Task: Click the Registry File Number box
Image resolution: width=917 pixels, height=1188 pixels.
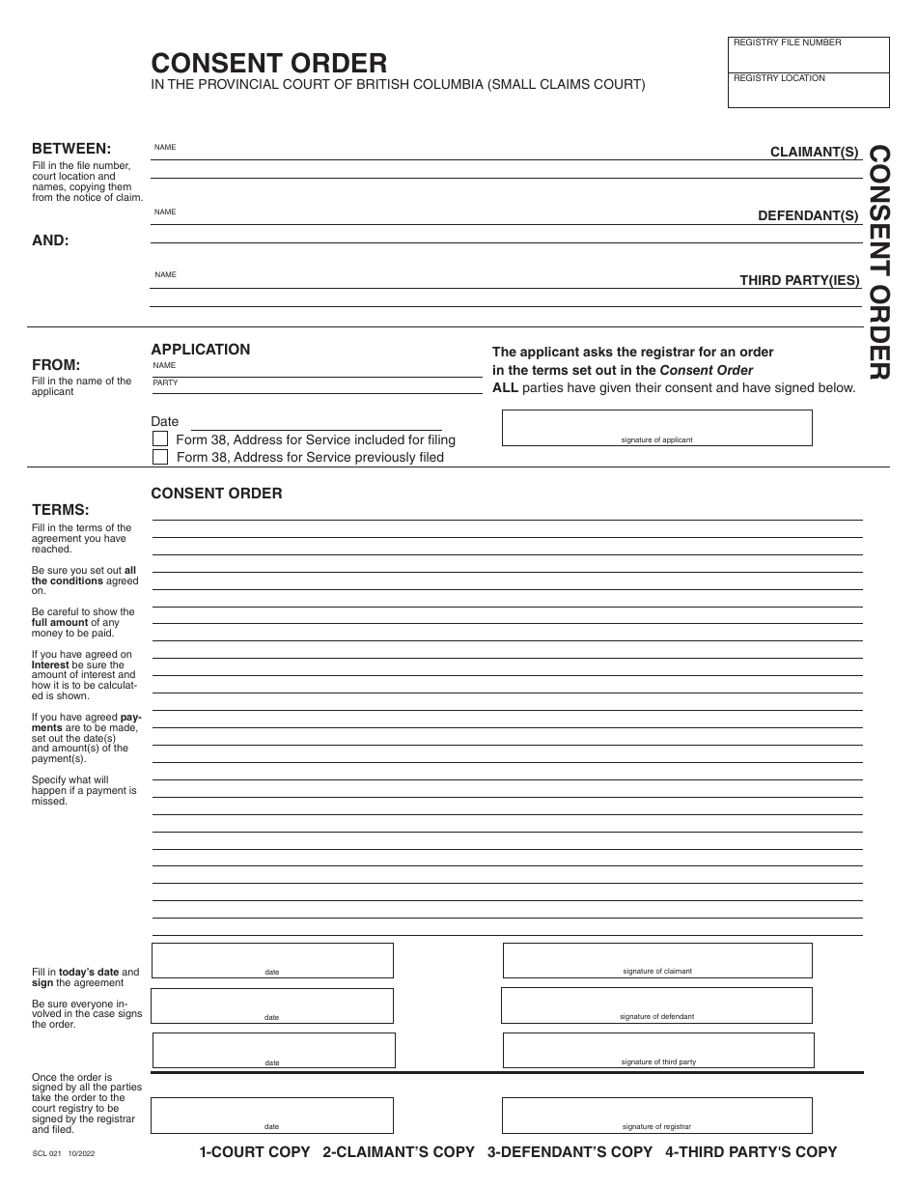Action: (x=808, y=55)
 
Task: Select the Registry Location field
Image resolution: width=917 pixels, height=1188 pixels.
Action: (x=808, y=90)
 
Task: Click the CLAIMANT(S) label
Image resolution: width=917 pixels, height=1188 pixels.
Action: (x=814, y=152)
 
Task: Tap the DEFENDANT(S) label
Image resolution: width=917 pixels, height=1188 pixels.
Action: (x=808, y=215)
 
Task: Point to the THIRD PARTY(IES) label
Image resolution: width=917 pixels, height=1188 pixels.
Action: (x=799, y=280)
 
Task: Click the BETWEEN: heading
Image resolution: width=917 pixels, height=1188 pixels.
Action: (x=71, y=149)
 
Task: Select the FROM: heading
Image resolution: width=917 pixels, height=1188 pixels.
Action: (x=56, y=365)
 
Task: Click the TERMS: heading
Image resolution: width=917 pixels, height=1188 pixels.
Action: (x=61, y=509)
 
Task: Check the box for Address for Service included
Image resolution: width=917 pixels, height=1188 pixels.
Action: (x=160, y=439)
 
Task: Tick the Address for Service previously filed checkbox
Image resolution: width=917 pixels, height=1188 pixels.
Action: (x=160, y=457)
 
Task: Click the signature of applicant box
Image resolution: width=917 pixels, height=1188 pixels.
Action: (x=656, y=427)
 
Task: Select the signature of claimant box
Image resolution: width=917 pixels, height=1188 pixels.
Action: (x=656, y=960)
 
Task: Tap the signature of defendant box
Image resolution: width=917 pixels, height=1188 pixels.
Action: (x=656, y=1005)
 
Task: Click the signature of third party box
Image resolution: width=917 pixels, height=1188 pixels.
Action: (x=658, y=1050)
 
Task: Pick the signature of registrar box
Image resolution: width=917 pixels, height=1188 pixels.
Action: (x=656, y=1115)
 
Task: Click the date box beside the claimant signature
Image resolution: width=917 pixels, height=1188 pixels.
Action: (x=272, y=960)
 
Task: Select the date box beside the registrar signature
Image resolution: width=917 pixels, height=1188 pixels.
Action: (x=272, y=1115)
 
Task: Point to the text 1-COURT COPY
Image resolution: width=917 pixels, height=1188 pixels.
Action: (x=255, y=1151)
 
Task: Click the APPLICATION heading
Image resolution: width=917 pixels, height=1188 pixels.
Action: (x=201, y=350)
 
